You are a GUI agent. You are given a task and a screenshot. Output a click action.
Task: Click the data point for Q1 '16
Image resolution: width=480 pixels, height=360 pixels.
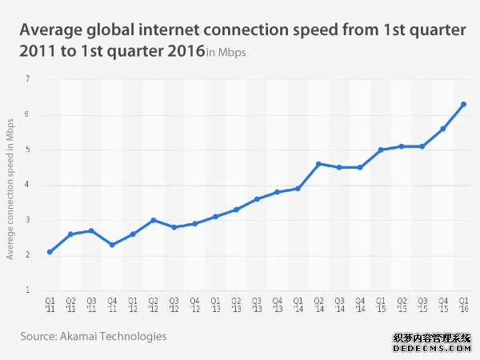pyautogui.click(x=463, y=104)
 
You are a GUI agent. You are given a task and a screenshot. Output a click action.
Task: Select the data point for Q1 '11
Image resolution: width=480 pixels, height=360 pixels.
pyautogui.click(x=50, y=252)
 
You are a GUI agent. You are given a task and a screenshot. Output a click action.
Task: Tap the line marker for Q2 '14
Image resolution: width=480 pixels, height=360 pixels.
pyautogui.click(x=318, y=164)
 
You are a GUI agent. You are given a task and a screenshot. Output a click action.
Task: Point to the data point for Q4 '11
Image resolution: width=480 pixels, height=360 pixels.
pyautogui.click(x=112, y=245)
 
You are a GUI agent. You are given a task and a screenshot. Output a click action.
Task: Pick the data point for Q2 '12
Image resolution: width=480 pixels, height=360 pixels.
pyautogui.click(x=153, y=220)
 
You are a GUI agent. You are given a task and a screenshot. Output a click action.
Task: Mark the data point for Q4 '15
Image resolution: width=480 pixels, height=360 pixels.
pyautogui.click(x=442, y=129)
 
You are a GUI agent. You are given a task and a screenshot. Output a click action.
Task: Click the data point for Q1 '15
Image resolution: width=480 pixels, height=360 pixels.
pyautogui.click(x=381, y=150)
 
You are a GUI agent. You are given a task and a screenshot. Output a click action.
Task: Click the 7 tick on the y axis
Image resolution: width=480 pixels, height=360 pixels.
pyautogui.click(x=27, y=79)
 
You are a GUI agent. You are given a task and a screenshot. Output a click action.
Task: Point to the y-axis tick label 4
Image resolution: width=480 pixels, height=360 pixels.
pyautogui.click(x=27, y=185)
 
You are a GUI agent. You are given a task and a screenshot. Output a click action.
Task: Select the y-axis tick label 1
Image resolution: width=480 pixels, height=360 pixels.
pyautogui.click(x=27, y=290)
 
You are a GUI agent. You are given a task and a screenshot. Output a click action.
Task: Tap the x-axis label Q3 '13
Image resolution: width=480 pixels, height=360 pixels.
pyautogui.click(x=256, y=306)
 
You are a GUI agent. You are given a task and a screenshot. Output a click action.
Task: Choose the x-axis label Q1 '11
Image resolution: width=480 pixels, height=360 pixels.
pyautogui.click(x=50, y=306)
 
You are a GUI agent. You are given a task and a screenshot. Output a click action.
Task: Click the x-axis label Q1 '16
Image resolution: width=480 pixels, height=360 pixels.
pyautogui.click(x=463, y=306)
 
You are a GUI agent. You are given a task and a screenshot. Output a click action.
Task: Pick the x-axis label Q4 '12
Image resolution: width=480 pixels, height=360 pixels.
pyautogui.click(x=194, y=306)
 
